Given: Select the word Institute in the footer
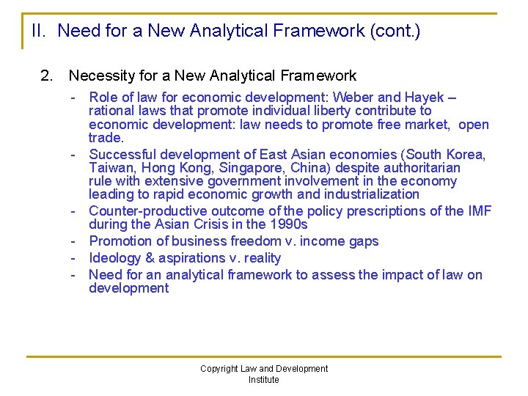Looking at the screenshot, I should (x=264, y=380).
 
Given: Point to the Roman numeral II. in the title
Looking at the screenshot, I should (x=40, y=32).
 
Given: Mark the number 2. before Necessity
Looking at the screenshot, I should (x=48, y=76).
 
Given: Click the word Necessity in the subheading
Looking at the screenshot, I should (x=99, y=76).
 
